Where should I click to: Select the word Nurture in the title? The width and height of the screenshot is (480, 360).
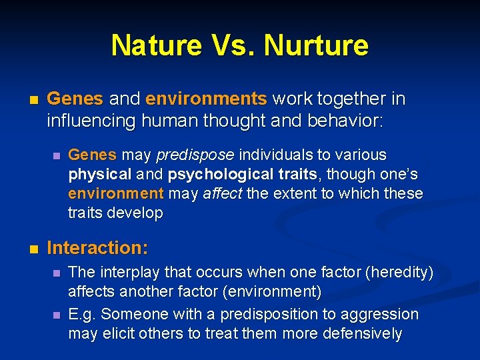[316, 45]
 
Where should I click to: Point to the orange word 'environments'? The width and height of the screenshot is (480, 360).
[206, 99]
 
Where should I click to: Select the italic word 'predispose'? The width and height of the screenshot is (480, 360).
[195, 155]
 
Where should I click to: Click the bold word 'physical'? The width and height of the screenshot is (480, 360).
[100, 175]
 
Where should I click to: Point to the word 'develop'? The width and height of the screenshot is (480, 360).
[140, 213]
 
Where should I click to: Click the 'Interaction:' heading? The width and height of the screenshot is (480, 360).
[97, 248]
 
